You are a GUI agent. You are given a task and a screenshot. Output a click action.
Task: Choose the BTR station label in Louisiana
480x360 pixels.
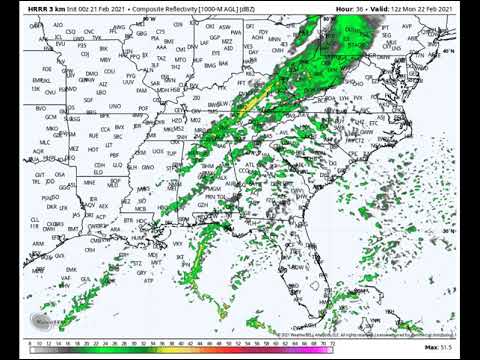tap(128, 218)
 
